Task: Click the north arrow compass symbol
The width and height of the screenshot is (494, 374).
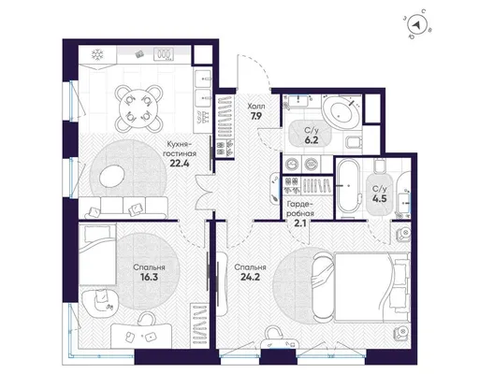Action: (418, 25)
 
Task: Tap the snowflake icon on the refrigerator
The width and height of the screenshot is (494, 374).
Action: (97, 55)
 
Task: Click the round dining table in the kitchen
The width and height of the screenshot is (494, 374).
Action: (138, 108)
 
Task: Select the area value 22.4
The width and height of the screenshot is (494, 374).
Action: (180, 163)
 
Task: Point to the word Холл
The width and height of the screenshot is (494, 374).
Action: (256, 106)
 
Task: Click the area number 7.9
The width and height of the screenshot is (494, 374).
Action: (256, 116)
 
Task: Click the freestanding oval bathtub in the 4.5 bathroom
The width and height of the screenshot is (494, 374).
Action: (348, 186)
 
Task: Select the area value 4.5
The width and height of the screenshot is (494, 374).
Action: (379, 199)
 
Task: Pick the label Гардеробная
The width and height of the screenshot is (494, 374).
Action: (300, 209)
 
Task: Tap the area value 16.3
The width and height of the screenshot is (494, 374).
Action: (149, 278)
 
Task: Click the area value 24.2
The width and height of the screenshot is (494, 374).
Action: (250, 278)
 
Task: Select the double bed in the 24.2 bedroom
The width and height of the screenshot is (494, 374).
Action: (361, 287)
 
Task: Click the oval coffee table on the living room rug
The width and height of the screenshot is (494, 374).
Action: (112, 177)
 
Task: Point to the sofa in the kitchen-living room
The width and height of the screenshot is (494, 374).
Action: (123, 208)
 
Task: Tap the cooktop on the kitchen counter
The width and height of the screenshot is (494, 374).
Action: (164, 54)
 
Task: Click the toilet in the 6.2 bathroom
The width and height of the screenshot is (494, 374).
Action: (353, 143)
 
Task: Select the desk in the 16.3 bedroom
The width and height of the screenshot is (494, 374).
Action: (141, 336)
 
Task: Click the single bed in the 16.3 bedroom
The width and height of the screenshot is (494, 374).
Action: (97, 254)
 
